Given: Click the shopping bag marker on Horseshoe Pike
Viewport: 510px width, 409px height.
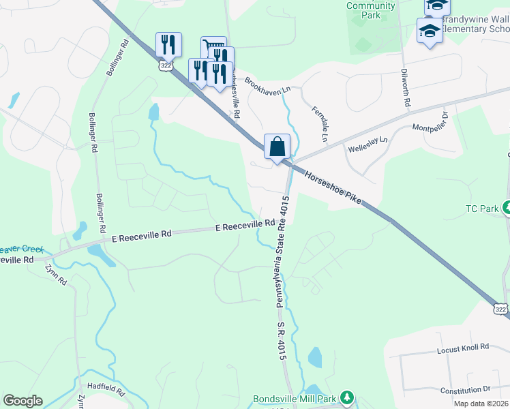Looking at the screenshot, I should [x=277, y=147].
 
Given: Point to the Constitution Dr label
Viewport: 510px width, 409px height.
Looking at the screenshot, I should [x=465, y=389].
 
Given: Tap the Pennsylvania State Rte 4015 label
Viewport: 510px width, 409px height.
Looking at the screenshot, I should [x=280, y=257].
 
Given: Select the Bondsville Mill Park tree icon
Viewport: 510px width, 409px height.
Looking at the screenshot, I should [x=348, y=397].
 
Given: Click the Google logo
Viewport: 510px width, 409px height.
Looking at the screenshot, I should [x=22, y=401].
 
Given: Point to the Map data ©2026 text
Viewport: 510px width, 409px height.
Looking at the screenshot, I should [x=481, y=404].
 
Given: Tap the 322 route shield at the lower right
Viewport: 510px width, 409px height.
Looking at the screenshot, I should [x=501, y=309].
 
